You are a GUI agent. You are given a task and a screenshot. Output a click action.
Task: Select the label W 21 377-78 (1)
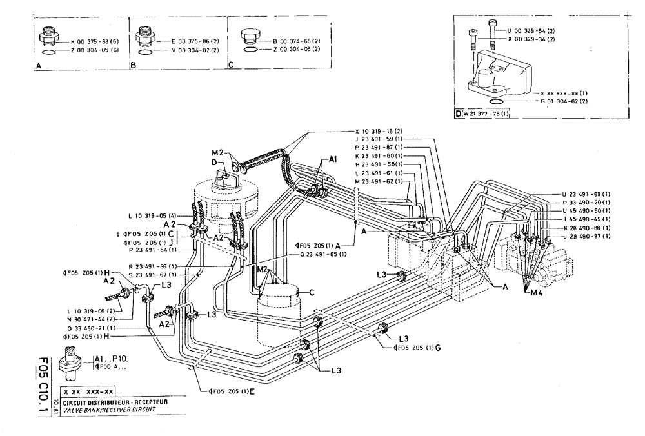click(484, 114)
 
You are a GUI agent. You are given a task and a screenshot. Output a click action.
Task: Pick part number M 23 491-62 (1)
click(378, 182)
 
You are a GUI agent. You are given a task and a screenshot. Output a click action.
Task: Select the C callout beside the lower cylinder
click(311, 292)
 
